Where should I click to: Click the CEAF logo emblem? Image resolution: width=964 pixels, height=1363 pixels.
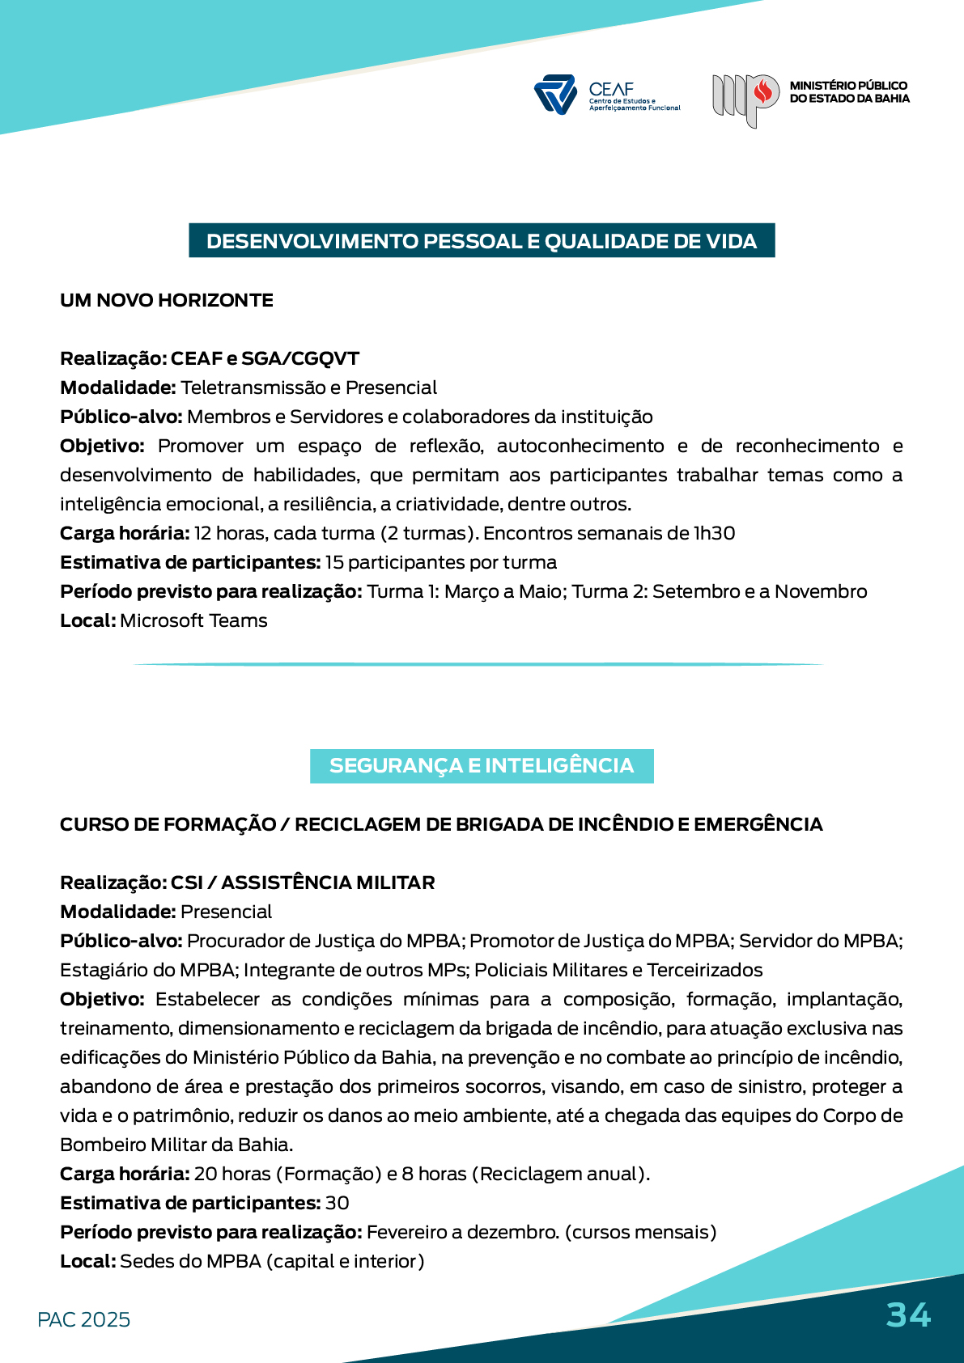pyautogui.click(x=555, y=95)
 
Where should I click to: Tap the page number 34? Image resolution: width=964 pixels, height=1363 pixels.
pyautogui.click(x=908, y=1314)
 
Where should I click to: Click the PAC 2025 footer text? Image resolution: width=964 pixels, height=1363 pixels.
pyautogui.click(x=83, y=1319)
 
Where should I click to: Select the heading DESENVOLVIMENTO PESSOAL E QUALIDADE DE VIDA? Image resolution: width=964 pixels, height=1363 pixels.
pyautogui.click(x=482, y=241)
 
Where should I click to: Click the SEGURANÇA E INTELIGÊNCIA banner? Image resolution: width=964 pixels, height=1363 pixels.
pyautogui.click(x=482, y=766)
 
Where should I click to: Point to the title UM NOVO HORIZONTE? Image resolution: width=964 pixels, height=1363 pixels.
pyautogui.click(x=167, y=300)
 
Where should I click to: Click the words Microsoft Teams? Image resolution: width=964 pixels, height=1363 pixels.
pyautogui.click(x=193, y=620)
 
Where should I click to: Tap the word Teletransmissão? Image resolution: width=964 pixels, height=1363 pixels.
pyautogui.click(x=252, y=387)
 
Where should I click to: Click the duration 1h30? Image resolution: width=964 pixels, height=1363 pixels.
pyautogui.click(x=714, y=533)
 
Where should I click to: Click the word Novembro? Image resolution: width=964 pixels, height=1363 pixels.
pyautogui.click(x=821, y=591)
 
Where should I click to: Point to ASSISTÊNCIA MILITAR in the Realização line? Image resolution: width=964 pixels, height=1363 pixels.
pyautogui.click(x=328, y=883)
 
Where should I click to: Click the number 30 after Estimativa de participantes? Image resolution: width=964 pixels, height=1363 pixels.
pyautogui.click(x=338, y=1203)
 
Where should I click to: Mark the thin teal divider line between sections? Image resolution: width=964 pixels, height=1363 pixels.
pyautogui.click(x=479, y=664)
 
